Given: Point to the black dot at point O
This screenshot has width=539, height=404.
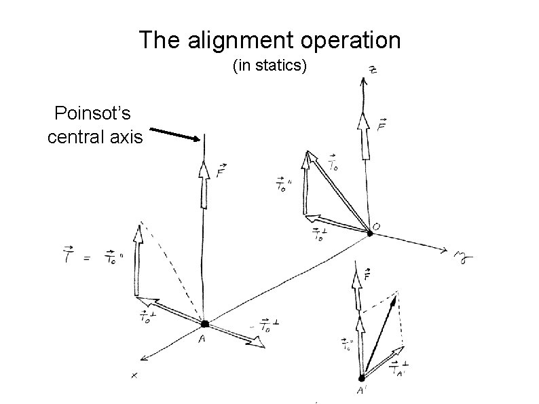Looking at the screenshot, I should click(x=370, y=234).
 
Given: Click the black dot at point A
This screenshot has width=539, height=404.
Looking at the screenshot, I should click(x=204, y=325).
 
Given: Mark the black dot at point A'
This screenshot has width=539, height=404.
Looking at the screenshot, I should click(x=362, y=378).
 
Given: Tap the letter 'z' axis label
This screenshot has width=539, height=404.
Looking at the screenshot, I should click(x=373, y=71).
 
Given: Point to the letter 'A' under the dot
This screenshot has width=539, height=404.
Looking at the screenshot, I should click(x=202, y=340).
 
